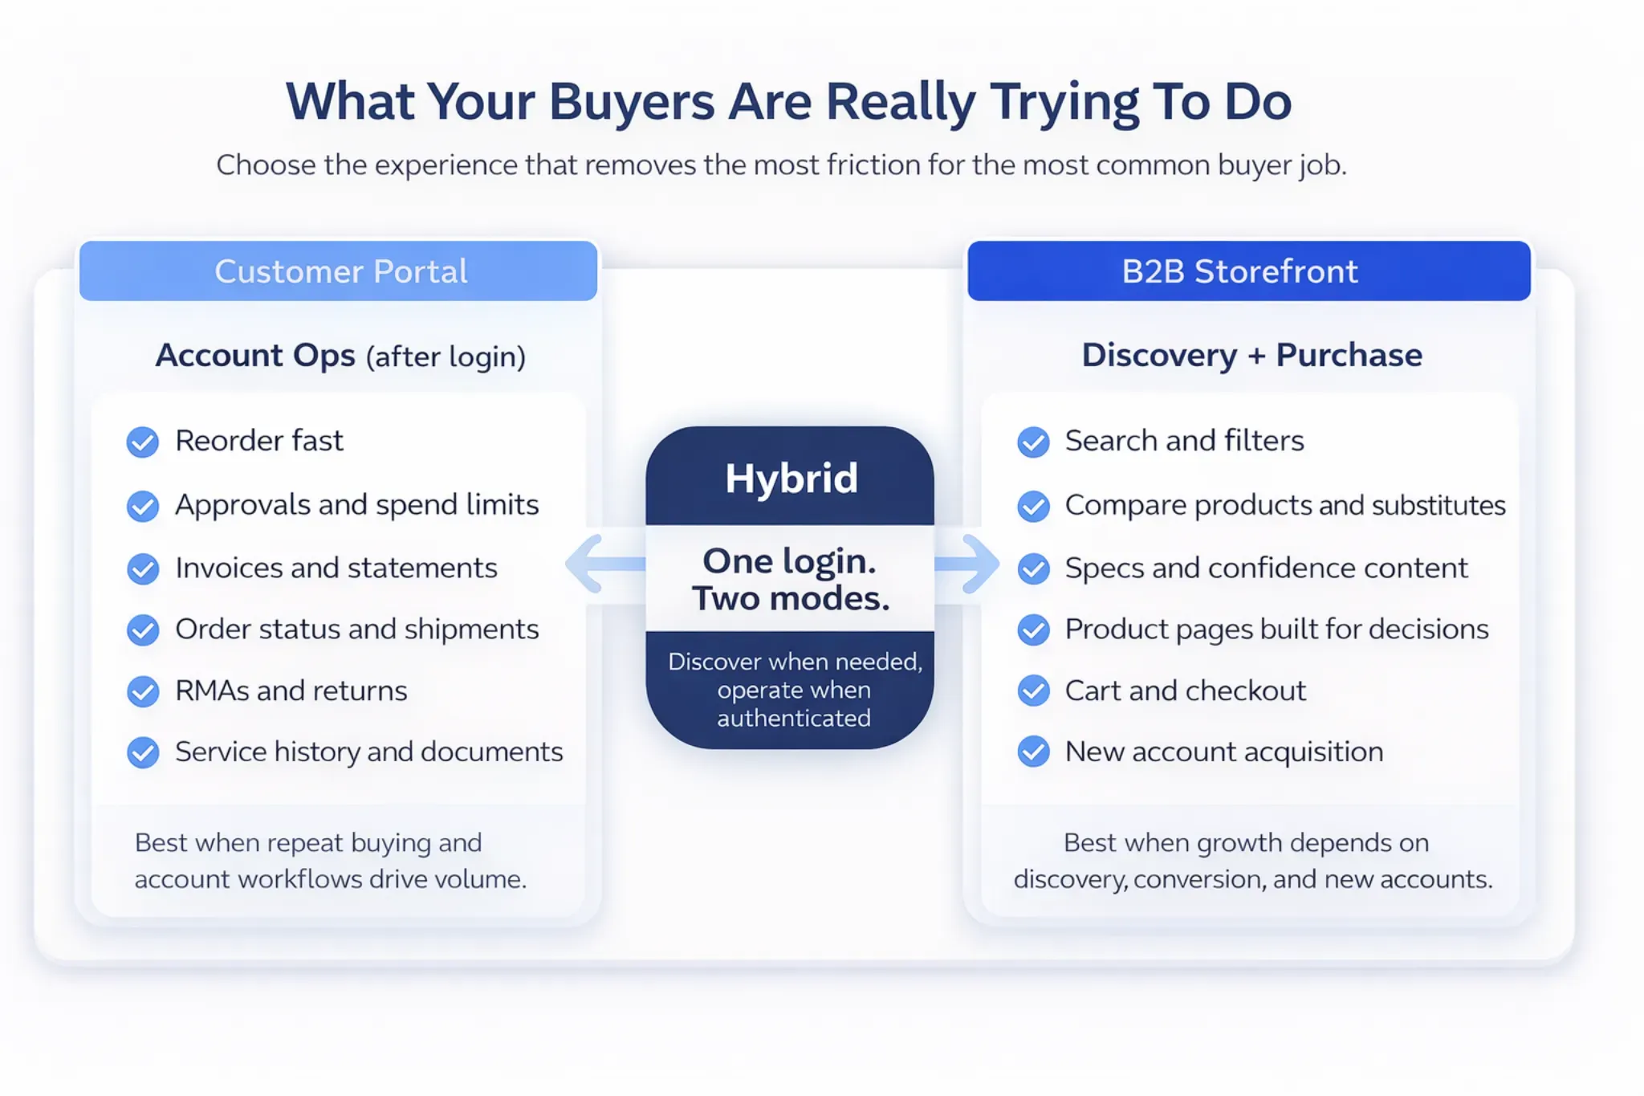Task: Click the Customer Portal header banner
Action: tap(338, 271)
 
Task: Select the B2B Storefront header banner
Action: tap(1249, 271)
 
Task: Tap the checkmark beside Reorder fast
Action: tap(143, 442)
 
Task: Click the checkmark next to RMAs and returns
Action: tap(143, 691)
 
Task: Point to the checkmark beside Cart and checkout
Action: tap(1033, 691)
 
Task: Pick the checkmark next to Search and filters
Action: tap(1033, 442)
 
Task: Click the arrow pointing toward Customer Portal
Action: tap(605, 564)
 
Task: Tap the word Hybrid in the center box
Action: tap(791, 479)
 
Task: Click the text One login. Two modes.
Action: tap(791, 580)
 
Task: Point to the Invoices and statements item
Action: tap(336, 568)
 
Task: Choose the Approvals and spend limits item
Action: tap(357, 505)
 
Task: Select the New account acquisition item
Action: tap(1224, 752)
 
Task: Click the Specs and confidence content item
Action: tap(1266, 568)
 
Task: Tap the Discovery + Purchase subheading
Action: tap(1252, 355)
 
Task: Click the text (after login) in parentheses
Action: tap(446, 357)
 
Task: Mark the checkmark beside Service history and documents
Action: tap(143, 752)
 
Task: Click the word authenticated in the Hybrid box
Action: tap(794, 718)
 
